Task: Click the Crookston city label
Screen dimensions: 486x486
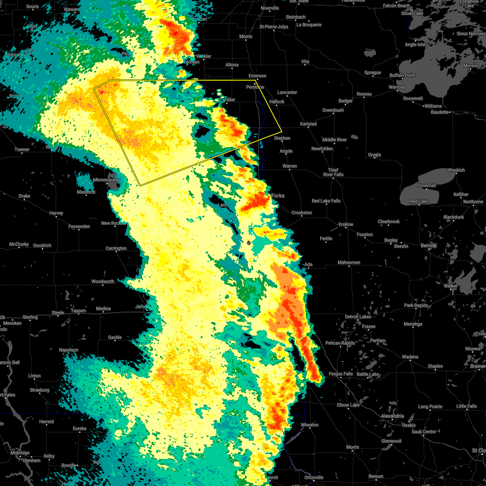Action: (302, 213)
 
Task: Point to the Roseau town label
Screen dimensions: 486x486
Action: (364, 94)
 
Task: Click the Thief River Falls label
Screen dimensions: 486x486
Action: (333, 173)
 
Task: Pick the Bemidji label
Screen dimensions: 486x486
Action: (428, 246)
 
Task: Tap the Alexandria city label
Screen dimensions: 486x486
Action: (392, 416)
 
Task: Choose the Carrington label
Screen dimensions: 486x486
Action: (116, 248)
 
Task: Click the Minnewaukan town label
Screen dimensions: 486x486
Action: (106, 180)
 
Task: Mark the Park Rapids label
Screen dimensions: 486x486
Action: (416, 305)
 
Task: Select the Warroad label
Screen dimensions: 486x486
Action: (397, 87)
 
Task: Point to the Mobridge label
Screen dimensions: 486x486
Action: (20, 453)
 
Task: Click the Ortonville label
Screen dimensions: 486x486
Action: (314, 477)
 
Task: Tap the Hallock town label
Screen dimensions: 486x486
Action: (277, 102)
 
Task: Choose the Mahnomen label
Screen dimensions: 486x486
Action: (349, 262)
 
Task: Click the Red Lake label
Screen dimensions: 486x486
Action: (419, 201)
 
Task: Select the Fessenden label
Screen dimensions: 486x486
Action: (79, 226)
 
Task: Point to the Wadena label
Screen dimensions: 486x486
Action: (410, 357)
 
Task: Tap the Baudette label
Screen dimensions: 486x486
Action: (439, 112)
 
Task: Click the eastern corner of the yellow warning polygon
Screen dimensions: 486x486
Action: (281, 131)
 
